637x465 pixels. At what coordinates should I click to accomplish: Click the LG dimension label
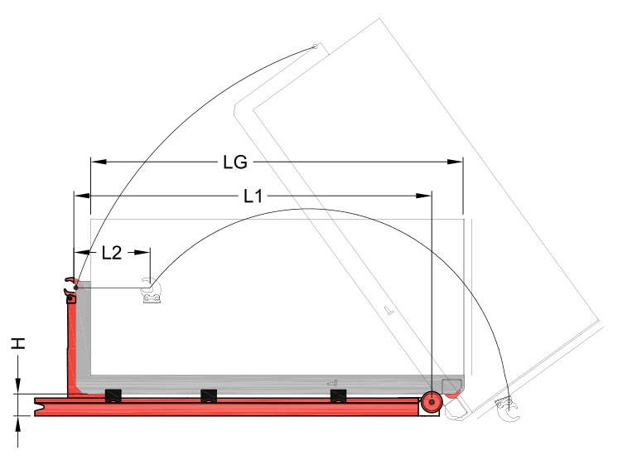tap(235, 162)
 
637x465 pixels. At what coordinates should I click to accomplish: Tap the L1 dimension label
tap(253, 196)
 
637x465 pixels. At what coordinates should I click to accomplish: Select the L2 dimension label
tap(112, 253)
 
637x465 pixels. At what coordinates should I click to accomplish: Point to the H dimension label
tap(18, 343)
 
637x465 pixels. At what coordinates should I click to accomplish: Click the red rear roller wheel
tap(432, 402)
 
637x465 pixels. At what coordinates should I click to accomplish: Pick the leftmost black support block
tap(113, 395)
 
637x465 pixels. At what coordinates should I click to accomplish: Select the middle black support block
tap(209, 395)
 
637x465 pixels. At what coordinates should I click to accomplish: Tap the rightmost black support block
tap(339, 395)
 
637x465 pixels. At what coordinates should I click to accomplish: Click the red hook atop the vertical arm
tap(71, 286)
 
